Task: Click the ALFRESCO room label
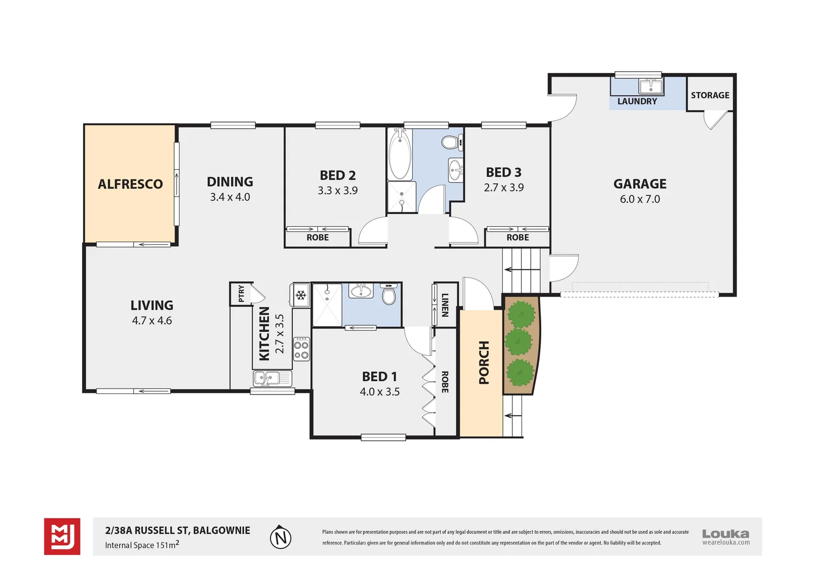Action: point(130,184)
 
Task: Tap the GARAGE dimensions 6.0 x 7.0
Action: point(639,199)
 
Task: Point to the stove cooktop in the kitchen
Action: point(302,349)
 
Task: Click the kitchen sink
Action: point(265,379)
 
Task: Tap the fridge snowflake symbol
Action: point(301,294)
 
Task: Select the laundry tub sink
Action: point(650,86)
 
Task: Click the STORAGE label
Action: point(710,95)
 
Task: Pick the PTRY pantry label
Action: point(241,293)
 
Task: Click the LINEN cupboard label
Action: point(445,305)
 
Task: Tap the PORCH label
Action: point(484,363)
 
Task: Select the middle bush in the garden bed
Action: point(518,342)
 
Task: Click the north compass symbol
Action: point(280,538)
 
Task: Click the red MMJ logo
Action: point(62,536)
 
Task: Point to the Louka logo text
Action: point(725,533)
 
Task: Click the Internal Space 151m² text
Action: point(142,545)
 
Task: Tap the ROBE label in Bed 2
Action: point(318,237)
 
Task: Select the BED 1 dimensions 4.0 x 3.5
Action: point(379,392)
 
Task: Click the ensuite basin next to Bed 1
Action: point(361,291)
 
